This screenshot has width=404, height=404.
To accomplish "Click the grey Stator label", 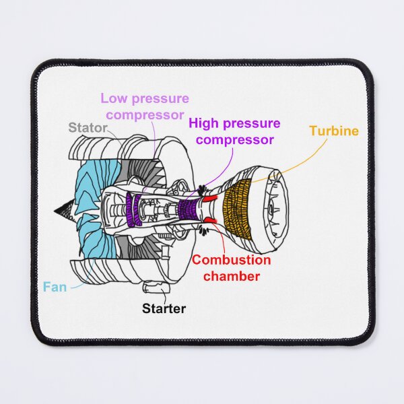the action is click(88, 127).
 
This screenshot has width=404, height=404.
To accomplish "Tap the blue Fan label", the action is click(55, 287).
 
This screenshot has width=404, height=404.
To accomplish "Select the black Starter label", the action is click(164, 308).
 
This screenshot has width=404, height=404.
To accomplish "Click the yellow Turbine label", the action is click(334, 131).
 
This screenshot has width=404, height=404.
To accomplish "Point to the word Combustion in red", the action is click(232, 260).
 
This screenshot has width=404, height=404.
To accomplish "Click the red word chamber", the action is click(232, 276).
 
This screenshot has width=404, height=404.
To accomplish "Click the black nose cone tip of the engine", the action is click(55, 211).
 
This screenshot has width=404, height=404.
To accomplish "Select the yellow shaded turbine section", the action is click(238, 209).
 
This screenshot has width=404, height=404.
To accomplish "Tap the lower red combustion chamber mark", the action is click(211, 220).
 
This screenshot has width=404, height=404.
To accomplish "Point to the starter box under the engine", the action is click(156, 288).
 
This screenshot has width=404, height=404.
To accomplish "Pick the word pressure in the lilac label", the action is click(160, 99).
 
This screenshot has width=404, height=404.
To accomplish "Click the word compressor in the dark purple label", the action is click(235, 140).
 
